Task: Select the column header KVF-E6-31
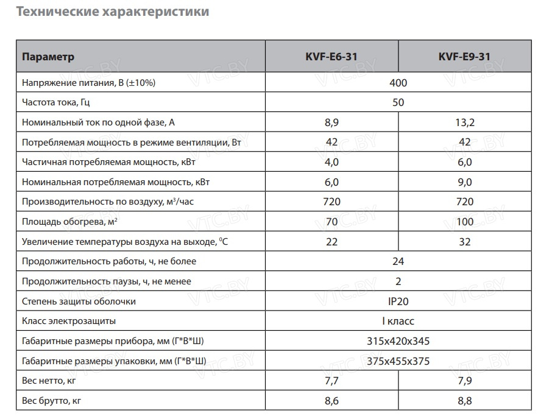[331, 57]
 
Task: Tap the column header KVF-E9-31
[464, 57]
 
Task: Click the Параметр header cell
[48, 57]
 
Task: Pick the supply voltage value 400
[398, 83]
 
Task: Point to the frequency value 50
[398, 103]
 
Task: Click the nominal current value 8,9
[332, 122]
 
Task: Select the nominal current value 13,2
[464, 122]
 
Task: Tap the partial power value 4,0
[332, 162]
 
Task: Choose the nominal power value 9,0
[464, 182]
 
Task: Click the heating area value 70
[332, 222]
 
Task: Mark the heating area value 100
[464, 222]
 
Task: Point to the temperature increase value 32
[464, 242]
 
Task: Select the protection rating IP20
[398, 301]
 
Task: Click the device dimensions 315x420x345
[398, 341]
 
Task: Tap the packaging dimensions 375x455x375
[398, 361]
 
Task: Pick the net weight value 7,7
[332, 381]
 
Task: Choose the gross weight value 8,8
[464, 401]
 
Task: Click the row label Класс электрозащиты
[69, 321]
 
